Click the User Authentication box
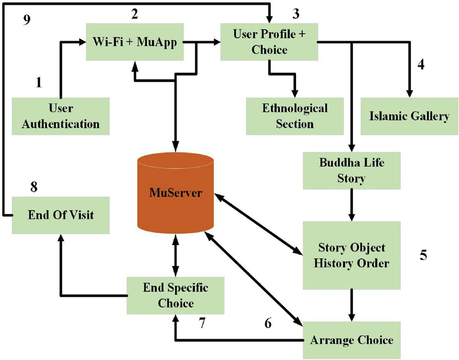(x=61, y=115)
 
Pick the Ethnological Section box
(x=295, y=115)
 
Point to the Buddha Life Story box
(x=351, y=170)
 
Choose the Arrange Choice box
(x=351, y=340)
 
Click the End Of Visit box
(x=61, y=215)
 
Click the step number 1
(x=38, y=83)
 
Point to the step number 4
(x=421, y=64)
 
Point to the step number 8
(x=35, y=187)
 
